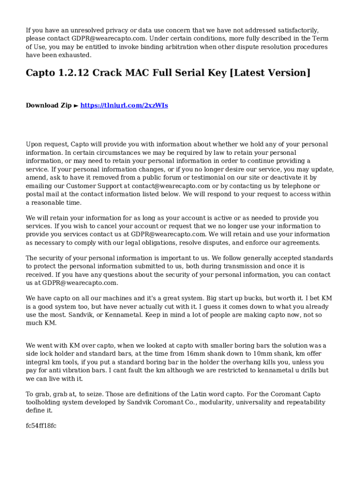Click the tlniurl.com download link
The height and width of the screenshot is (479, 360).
[124, 106]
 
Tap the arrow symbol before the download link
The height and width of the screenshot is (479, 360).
[76, 106]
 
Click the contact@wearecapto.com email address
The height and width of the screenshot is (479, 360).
[171, 186]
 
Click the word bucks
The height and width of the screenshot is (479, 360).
[247, 298]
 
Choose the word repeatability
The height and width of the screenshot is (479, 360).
[303, 403]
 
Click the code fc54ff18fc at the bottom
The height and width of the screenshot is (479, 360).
[41, 426]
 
